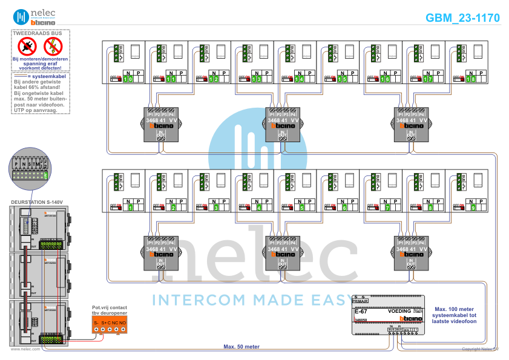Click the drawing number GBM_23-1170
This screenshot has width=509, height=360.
(462, 18)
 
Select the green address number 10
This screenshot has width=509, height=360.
(128, 79)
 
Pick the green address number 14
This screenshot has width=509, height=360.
(300, 79)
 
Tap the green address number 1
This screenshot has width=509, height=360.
(131, 208)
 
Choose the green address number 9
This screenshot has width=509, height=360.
(473, 208)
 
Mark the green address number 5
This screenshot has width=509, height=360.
(302, 208)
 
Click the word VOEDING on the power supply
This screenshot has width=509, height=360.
(399, 311)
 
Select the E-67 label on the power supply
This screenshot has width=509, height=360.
(360, 311)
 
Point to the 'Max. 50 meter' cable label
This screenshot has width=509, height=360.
(241, 347)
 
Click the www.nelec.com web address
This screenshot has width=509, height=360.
(25, 349)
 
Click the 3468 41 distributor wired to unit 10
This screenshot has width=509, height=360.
(160, 124)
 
